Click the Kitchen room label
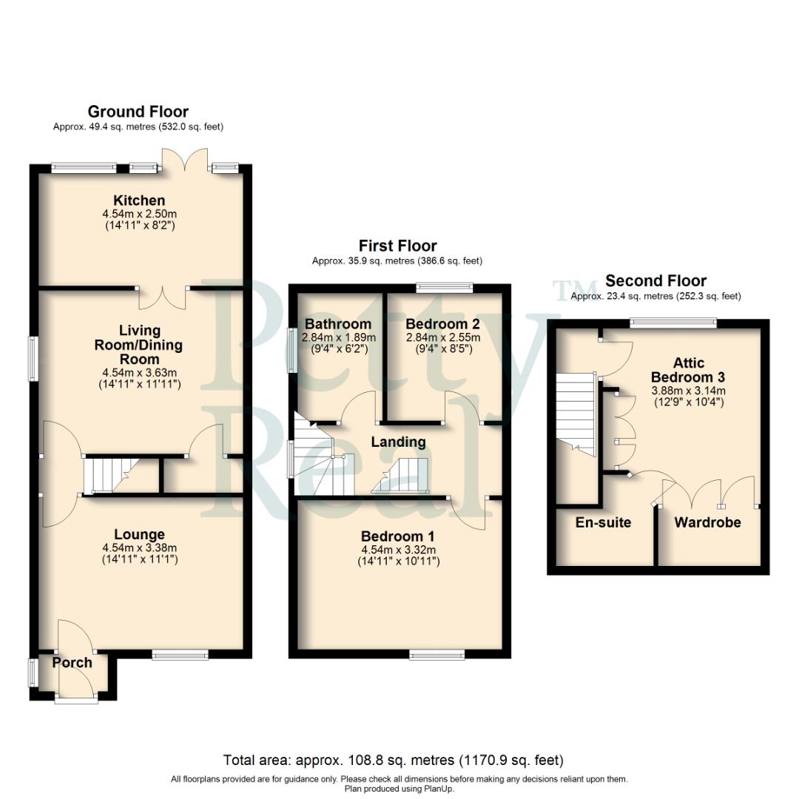click(x=139, y=200)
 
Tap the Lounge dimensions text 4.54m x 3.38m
click(x=139, y=548)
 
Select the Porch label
click(x=72, y=662)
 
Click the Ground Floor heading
click(x=138, y=112)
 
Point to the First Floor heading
click(x=397, y=246)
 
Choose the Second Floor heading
click(x=655, y=281)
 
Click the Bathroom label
click(x=338, y=324)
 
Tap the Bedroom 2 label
click(x=442, y=324)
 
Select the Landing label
click(x=398, y=442)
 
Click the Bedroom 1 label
click(x=398, y=536)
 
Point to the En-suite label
click(x=603, y=522)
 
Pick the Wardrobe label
click(x=707, y=522)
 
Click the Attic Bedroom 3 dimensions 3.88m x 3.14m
click(x=688, y=391)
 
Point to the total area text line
click(x=393, y=760)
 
